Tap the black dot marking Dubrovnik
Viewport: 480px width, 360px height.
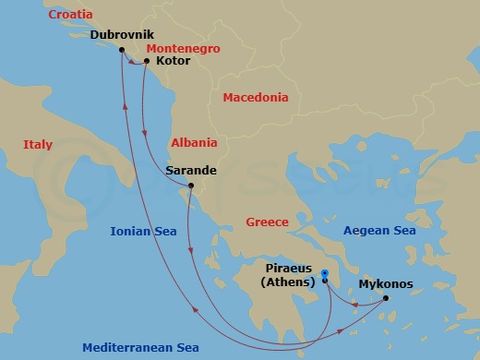(122, 50)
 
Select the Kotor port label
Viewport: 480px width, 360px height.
(174, 61)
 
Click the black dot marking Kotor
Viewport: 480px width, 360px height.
(146, 63)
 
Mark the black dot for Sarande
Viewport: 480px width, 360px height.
(190, 186)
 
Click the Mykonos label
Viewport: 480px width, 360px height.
(386, 284)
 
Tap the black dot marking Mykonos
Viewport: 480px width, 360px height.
(386, 297)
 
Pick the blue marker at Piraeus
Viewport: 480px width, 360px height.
(326, 274)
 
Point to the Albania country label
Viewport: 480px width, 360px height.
(195, 143)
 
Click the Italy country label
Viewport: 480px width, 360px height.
(38, 145)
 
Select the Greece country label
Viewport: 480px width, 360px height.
(267, 222)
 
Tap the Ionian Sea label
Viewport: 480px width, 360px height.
(141, 232)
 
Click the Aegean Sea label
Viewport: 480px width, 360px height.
(379, 232)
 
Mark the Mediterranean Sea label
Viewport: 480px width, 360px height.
(140, 348)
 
